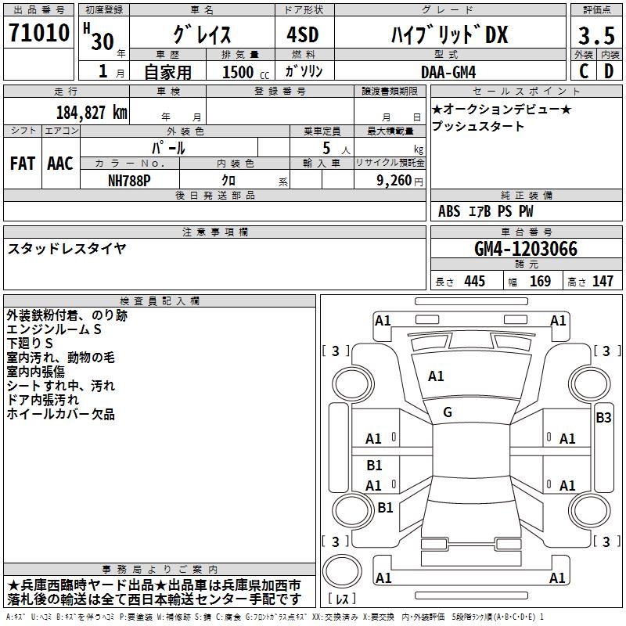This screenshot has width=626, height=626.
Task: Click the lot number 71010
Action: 38,34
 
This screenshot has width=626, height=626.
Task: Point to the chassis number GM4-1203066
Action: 526,250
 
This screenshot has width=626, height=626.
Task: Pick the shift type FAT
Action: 23,164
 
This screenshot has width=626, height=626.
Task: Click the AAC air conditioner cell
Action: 60,164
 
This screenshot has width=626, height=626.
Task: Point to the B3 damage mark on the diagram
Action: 603,417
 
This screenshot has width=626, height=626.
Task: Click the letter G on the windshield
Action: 448,412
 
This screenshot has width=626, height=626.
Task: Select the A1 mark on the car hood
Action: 436,376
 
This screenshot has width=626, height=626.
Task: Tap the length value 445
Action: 474,282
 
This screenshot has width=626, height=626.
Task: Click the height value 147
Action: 603,282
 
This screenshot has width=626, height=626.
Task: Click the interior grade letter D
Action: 608,71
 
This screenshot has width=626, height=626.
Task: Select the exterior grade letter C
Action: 583,71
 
